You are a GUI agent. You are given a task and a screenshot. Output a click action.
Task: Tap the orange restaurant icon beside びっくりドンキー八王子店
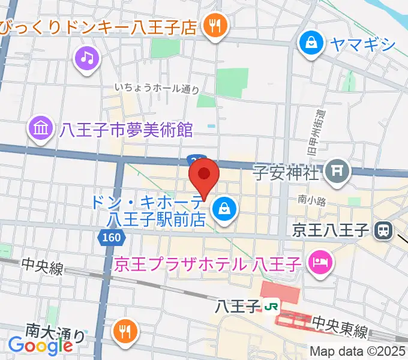click(x=214, y=26)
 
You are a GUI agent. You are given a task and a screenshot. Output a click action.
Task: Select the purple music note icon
click(x=88, y=58)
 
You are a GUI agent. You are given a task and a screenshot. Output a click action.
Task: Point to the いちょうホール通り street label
click(x=157, y=89)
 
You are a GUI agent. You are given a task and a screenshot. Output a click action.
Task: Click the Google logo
click(x=40, y=345)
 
